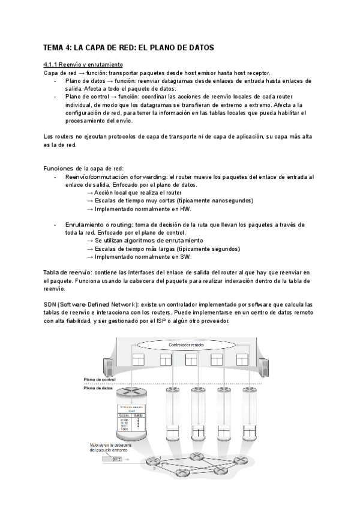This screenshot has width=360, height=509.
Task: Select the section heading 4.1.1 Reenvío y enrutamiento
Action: point(83,64)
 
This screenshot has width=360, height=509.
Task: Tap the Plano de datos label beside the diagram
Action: point(100,389)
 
